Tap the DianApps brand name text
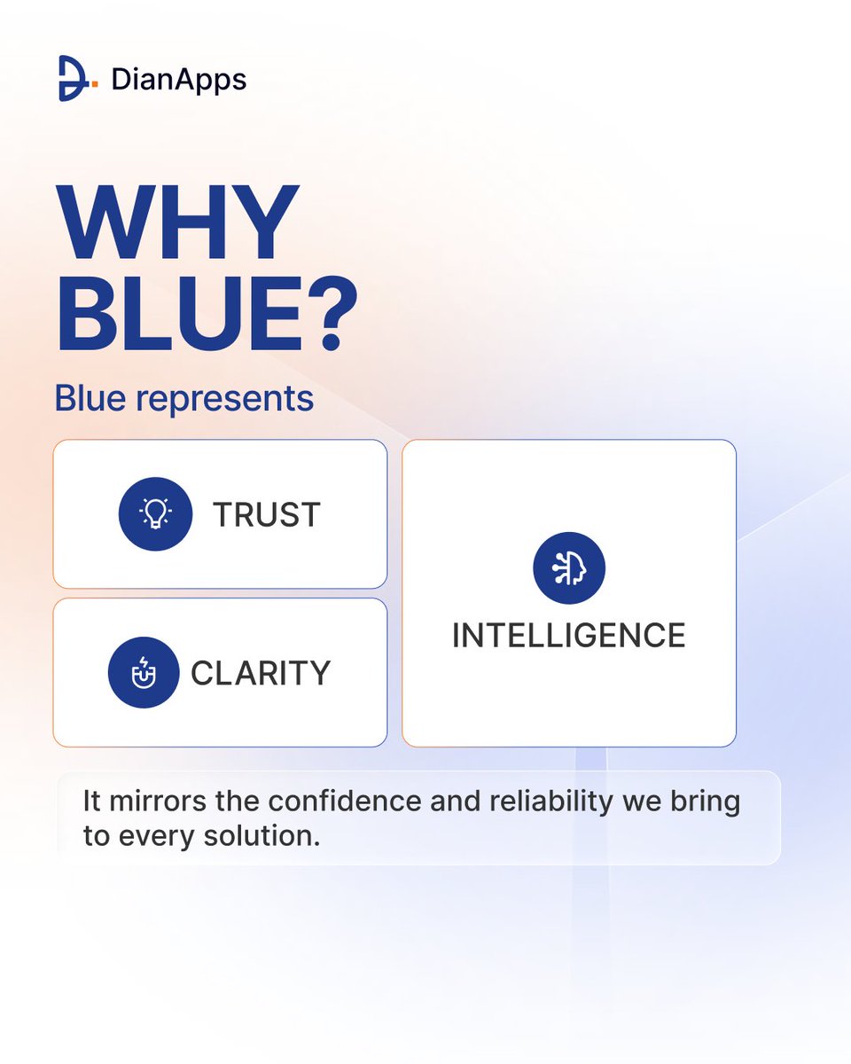click(178, 80)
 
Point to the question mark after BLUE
click(332, 315)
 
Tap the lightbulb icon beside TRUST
click(155, 513)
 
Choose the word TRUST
click(266, 514)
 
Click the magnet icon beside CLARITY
click(144, 673)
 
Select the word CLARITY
click(261, 673)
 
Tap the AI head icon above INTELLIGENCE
click(569, 568)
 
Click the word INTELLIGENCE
click(569, 636)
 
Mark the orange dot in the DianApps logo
click(95, 86)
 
